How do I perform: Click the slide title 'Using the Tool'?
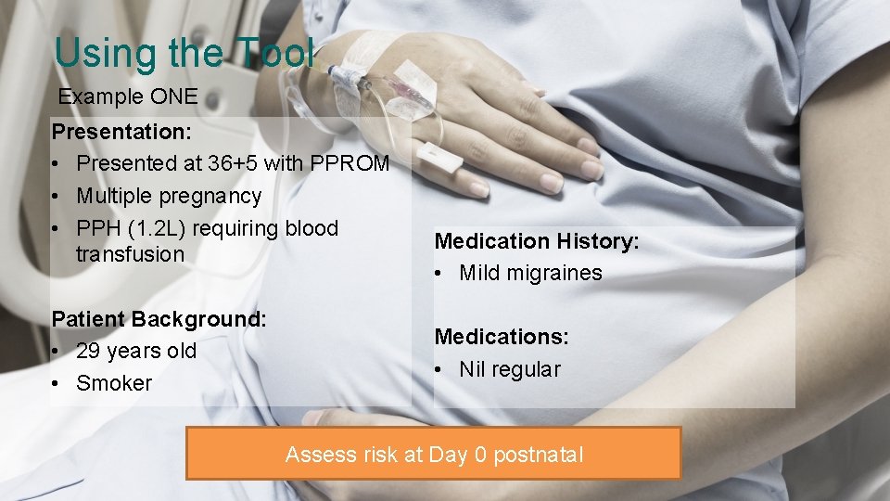click(x=184, y=53)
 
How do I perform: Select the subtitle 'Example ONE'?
click(x=128, y=96)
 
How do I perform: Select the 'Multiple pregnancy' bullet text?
click(x=169, y=196)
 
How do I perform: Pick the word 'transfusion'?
click(x=130, y=254)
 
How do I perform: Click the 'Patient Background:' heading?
click(x=159, y=319)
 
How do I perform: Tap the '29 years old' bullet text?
click(x=136, y=351)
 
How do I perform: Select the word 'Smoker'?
click(x=114, y=383)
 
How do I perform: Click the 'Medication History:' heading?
click(x=537, y=241)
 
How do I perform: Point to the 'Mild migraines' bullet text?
click(x=530, y=273)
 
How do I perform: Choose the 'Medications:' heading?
click(x=502, y=337)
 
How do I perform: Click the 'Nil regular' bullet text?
click(x=510, y=369)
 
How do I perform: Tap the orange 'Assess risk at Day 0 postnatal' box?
click(x=434, y=454)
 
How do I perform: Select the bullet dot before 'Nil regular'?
click(x=439, y=369)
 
